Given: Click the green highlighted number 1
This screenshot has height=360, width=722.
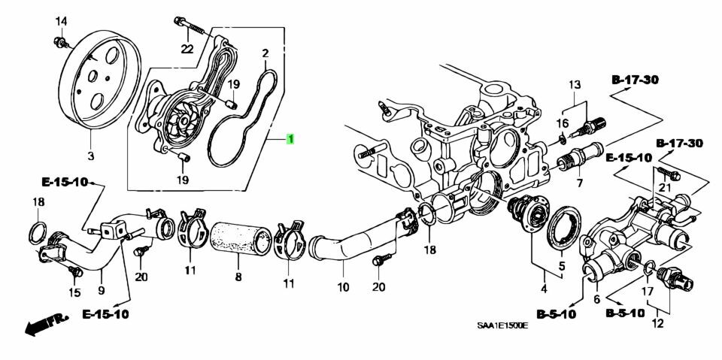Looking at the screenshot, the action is (290, 138).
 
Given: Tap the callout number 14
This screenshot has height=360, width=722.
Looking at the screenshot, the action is (61, 21).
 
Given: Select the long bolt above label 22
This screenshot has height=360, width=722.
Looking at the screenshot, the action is (189, 24).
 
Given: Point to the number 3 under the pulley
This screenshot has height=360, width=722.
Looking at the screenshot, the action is (91, 156).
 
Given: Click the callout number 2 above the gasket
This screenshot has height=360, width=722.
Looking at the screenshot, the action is (265, 53).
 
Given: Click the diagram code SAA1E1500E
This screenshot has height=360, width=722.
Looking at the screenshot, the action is (502, 326).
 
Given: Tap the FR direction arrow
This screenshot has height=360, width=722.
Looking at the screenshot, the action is (45, 324).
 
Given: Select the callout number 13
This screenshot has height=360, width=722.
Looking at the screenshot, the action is (575, 85).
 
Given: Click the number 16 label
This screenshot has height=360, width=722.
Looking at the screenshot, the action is (563, 123).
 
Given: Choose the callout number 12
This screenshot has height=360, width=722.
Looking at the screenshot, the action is (657, 324).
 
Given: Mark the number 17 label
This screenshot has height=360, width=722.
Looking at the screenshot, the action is (648, 292).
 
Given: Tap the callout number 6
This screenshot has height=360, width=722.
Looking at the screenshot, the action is (596, 299).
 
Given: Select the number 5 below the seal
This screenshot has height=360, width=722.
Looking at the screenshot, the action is (562, 265).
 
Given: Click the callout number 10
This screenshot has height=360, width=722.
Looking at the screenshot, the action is (343, 288).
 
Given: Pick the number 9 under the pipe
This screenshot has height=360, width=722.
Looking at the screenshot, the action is (102, 291).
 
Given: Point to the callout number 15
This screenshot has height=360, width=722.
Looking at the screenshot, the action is (74, 292).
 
